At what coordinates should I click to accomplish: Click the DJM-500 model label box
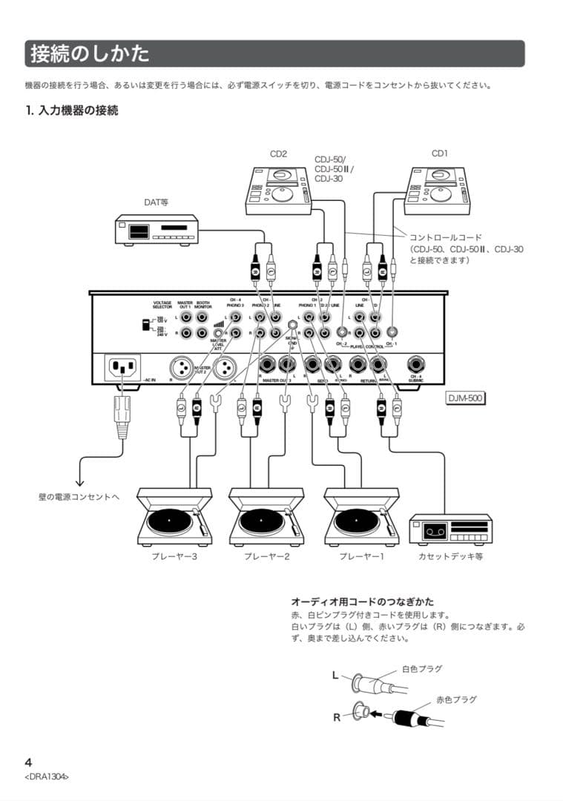pyautogui.click(x=464, y=398)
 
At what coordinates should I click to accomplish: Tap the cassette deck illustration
pyautogui.click(x=450, y=530)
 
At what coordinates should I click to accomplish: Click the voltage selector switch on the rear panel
pyautogui.click(x=145, y=325)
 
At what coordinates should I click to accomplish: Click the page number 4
pyautogui.click(x=29, y=762)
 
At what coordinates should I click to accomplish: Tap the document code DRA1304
pyautogui.click(x=47, y=777)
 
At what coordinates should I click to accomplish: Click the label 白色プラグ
pyautogui.click(x=421, y=669)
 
